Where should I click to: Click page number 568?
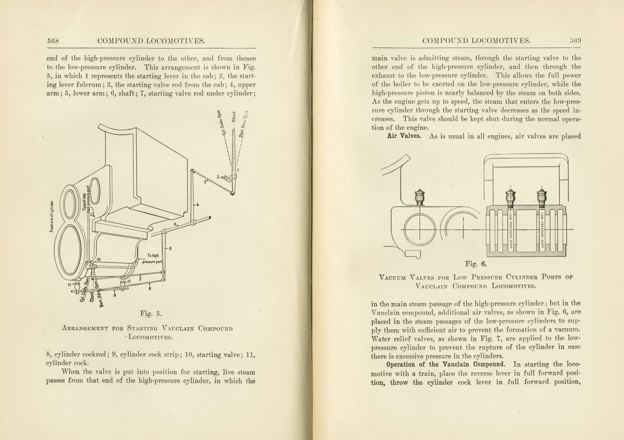53,41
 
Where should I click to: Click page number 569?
575,41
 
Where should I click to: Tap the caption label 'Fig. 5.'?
151,314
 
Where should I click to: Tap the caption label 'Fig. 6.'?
476,264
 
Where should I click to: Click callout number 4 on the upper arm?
198,205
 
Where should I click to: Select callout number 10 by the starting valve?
98,260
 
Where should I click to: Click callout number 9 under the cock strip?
115,295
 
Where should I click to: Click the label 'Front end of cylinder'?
52,216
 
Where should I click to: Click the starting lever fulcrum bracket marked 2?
228,178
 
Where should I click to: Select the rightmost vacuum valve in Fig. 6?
542,198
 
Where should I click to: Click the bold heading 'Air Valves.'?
404,136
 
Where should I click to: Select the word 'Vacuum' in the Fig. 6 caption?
392,277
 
